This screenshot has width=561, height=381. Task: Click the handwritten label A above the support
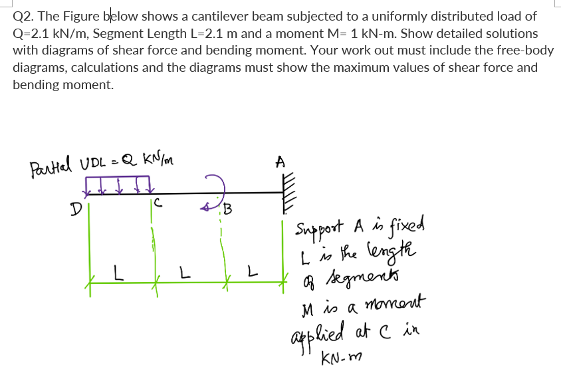280,162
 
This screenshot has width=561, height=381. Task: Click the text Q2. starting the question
25,16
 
